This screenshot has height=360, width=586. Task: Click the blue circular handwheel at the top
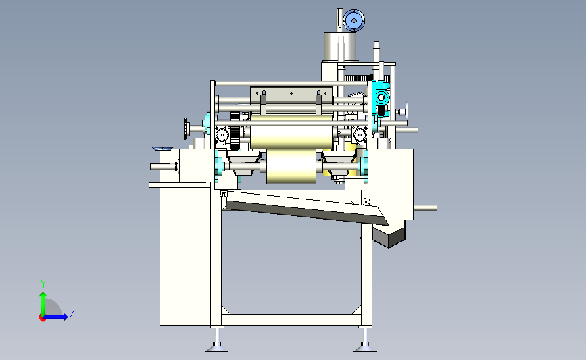coord(353,20)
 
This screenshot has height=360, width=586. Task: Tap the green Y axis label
coord(43,284)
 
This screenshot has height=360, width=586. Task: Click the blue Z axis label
coord(72,313)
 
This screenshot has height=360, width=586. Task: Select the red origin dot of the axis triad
coord(42,317)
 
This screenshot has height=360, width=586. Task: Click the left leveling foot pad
coord(217,349)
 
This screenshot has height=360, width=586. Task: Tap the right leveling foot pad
coord(365,349)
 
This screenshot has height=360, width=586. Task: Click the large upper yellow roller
coord(291,132)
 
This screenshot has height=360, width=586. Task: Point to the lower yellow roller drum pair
coord(291,167)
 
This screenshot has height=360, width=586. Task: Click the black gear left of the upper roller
coord(235,131)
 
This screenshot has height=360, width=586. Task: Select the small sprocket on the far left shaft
coord(185,129)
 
